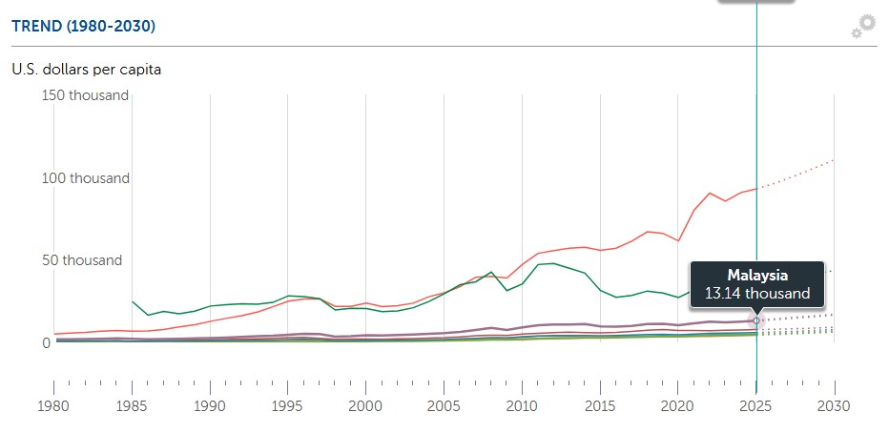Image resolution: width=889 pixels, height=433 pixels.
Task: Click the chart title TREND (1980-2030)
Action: pos(83,26)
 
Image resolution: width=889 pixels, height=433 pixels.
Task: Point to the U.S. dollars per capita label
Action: pos(87,70)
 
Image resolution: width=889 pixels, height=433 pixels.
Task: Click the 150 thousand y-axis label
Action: pos(83,95)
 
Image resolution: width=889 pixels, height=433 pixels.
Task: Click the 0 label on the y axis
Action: pos(45,342)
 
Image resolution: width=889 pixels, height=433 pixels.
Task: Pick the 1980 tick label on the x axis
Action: pos(53,404)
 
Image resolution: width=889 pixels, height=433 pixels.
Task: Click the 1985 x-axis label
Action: pos(132,404)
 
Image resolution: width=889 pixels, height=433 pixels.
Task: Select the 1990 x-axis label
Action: pos(210,404)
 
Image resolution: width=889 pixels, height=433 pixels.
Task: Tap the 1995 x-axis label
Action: pos(288,404)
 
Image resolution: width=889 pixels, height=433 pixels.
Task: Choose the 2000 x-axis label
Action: pos(366,404)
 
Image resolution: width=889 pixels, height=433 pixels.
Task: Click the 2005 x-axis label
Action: pos(444,404)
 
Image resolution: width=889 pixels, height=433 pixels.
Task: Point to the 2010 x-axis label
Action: pos(522,404)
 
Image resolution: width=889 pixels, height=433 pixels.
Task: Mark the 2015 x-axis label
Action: pos(600,404)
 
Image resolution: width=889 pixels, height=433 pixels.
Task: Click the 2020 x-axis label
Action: pos(678,404)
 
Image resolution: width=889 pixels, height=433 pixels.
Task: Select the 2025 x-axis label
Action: pos(756,404)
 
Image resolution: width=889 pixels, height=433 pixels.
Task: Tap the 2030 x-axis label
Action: pos(835,404)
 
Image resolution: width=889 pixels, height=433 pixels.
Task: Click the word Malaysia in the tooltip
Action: pos(757,275)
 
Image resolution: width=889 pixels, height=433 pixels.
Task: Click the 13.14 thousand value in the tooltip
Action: pos(757,294)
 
